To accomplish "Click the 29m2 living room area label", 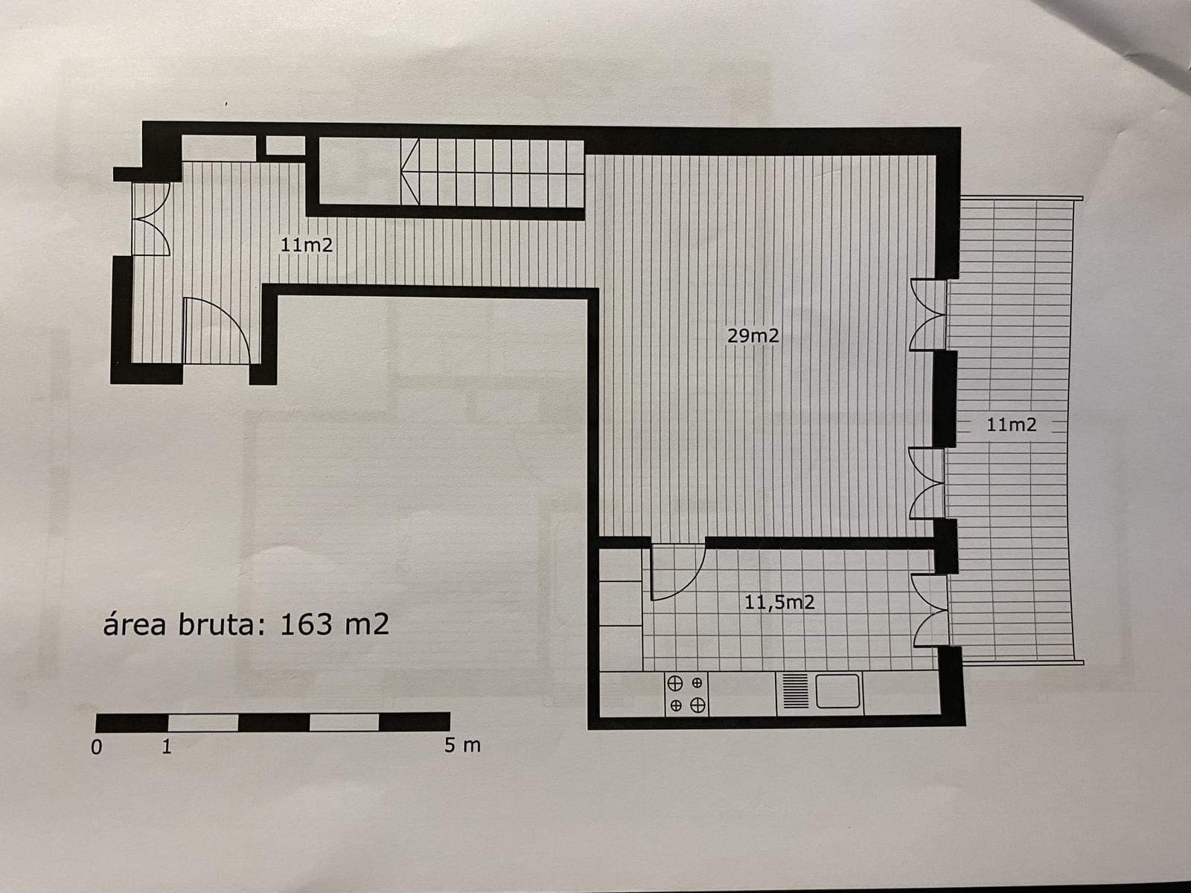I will point(753,336).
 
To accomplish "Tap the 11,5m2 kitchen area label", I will point(779,602).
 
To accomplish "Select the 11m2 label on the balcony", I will point(1011,425).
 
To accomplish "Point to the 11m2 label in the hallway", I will point(307,244).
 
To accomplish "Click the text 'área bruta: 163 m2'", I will point(246,624).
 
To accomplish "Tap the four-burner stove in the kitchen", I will point(686,694).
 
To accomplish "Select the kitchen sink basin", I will point(838,691).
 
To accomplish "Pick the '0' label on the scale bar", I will point(96,747).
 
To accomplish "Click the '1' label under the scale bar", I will point(167,746).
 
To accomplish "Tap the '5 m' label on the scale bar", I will point(462,745).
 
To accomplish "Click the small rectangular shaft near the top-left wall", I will point(285,145).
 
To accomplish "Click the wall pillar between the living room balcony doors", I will point(945,398).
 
